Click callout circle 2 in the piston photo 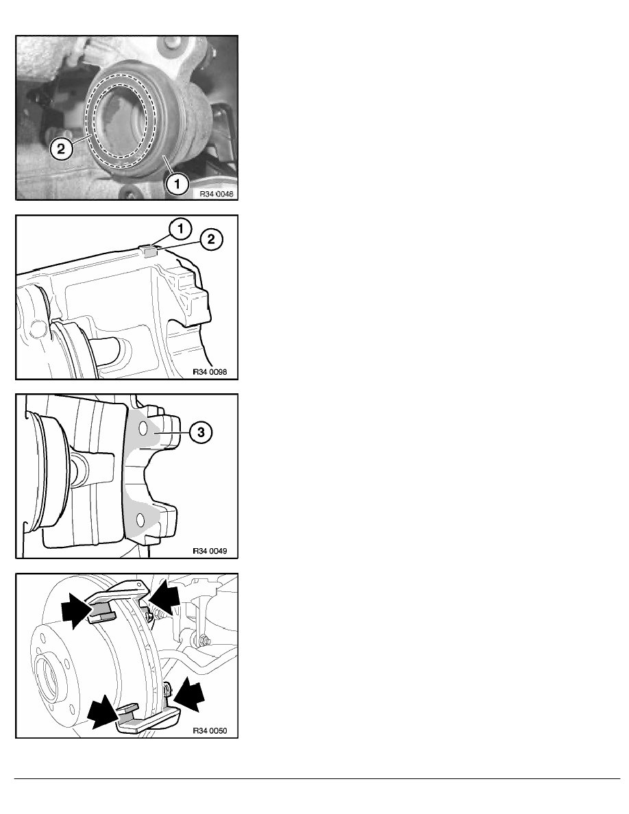point(61,149)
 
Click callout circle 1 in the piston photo point(177,184)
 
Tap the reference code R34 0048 point(217,194)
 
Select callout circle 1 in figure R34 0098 point(180,228)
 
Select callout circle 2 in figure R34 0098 point(211,239)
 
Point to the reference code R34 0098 point(210,371)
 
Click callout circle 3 point(201,432)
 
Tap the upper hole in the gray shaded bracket point(143,429)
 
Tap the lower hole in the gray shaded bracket point(140,519)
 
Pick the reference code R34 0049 point(210,551)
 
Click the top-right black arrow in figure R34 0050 point(165,597)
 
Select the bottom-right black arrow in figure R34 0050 point(188,695)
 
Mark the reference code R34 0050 point(210,730)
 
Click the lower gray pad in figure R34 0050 point(129,716)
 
